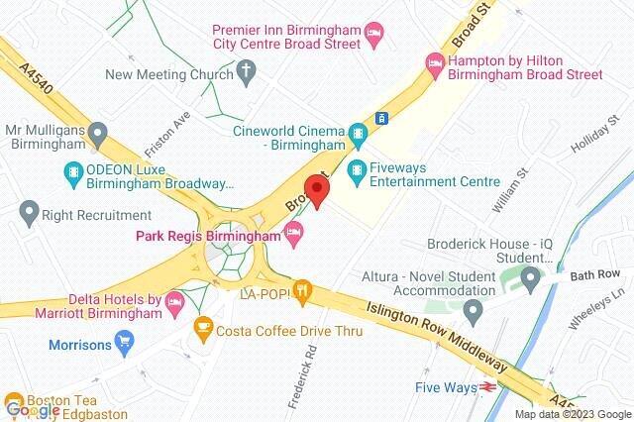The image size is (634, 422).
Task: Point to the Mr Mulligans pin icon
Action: point(97,132)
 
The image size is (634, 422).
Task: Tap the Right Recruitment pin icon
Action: point(29,211)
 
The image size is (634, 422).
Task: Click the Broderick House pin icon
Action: point(532,275)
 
